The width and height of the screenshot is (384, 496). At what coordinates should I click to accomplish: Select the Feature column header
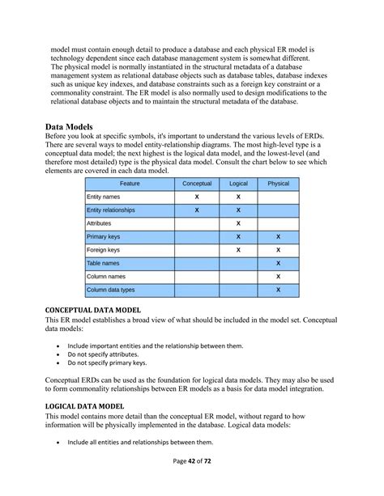tap(130, 184)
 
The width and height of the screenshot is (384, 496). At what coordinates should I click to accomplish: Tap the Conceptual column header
tap(197, 184)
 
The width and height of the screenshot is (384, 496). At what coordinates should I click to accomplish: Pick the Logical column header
tap(238, 184)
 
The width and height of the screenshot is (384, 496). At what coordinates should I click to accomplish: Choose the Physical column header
tap(278, 184)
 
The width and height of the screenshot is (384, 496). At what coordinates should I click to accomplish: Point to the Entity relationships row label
tap(111, 210)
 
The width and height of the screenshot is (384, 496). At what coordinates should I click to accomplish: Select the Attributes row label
tap(100, 223)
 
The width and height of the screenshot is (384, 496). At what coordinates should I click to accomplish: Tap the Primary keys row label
tap(103, 236)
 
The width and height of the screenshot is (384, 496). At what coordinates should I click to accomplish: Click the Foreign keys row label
tap(103, 249)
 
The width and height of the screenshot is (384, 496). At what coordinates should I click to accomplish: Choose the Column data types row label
tap(110, 289)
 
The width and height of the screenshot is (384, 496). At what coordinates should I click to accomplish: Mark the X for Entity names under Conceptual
tap(197, 197)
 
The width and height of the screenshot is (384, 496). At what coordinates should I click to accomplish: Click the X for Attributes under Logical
tap(238, 223)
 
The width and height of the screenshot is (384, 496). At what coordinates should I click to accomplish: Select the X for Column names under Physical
tap(278, 276)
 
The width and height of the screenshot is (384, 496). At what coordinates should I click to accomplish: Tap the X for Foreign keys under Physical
tap(278, 249)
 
